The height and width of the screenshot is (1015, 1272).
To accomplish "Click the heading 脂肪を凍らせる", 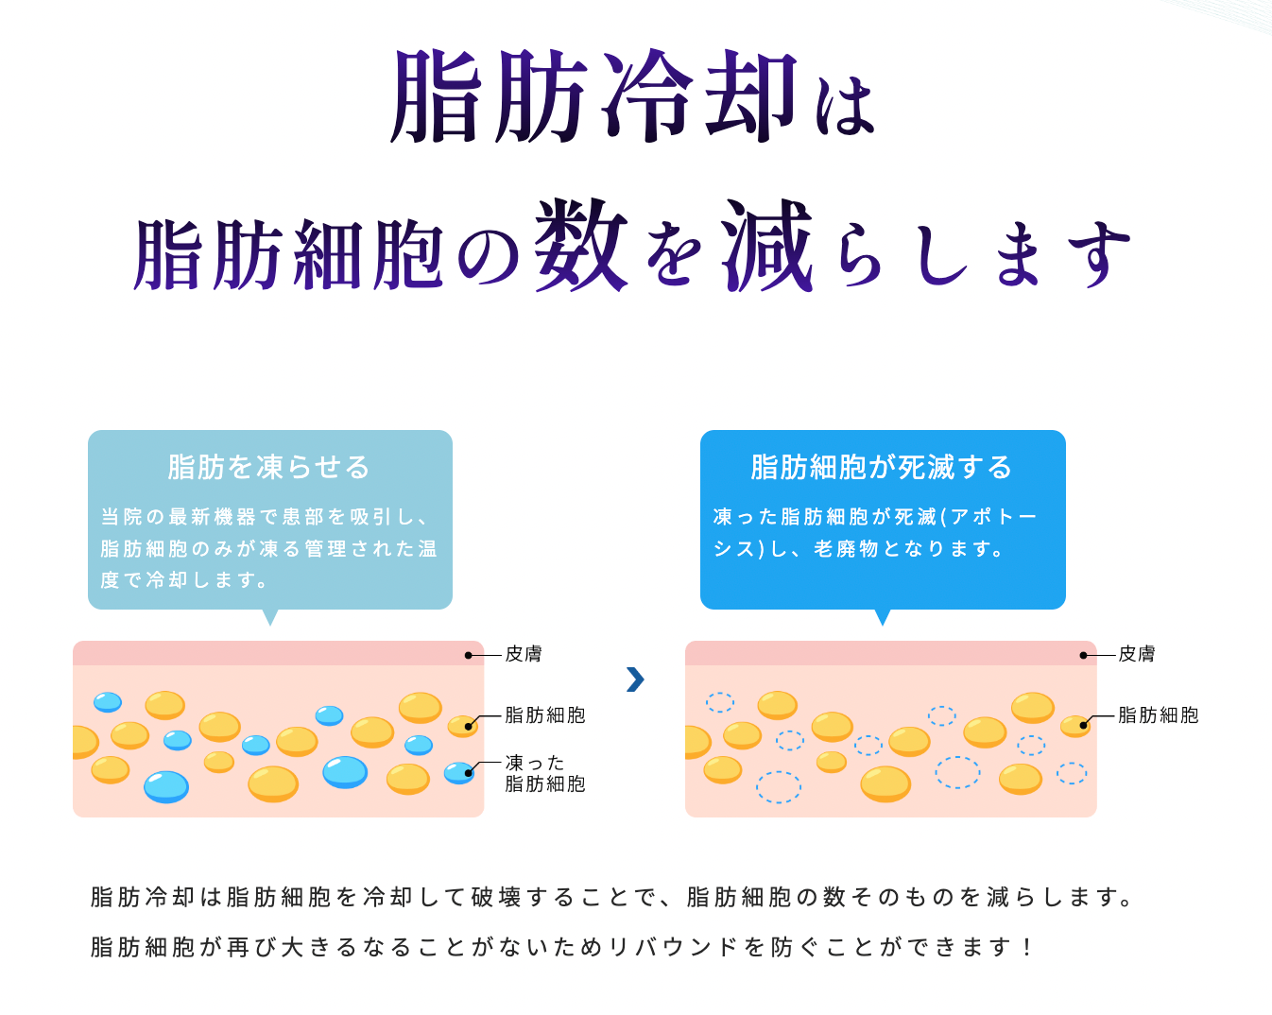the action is [x=269, y=467].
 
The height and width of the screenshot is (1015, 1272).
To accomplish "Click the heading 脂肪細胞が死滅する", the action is [x=882, y=467].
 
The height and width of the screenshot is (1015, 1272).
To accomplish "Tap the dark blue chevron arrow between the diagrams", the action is [x=635, y=679].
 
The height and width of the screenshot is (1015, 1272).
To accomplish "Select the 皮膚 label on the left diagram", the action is [x=524, y=654].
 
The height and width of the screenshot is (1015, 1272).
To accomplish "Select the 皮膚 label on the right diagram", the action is [x=1137, y=654].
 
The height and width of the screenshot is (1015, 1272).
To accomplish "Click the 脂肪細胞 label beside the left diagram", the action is [x=545, y=715].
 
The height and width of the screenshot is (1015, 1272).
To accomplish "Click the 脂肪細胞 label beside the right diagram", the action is [x=1158, y=715].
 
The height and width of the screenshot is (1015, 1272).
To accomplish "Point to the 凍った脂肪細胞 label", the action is [x=545, y=773].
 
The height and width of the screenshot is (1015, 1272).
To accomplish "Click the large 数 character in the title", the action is [x=580, y=246].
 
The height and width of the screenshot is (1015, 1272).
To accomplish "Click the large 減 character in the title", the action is [x=767, y=246].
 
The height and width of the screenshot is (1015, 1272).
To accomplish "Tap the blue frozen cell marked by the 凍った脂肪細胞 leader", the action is [x=458, y=773].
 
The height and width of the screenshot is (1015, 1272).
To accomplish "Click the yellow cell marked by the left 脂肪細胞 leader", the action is [x=462, y=726].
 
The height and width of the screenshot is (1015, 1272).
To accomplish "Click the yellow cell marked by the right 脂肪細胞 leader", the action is [x=1075, y=726].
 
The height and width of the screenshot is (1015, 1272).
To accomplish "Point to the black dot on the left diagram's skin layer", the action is [x=468, y=655].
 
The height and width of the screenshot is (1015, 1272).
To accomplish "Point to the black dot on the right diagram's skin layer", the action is [x=1083, y=655].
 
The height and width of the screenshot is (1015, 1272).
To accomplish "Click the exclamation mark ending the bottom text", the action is [x=1027, y=947].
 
